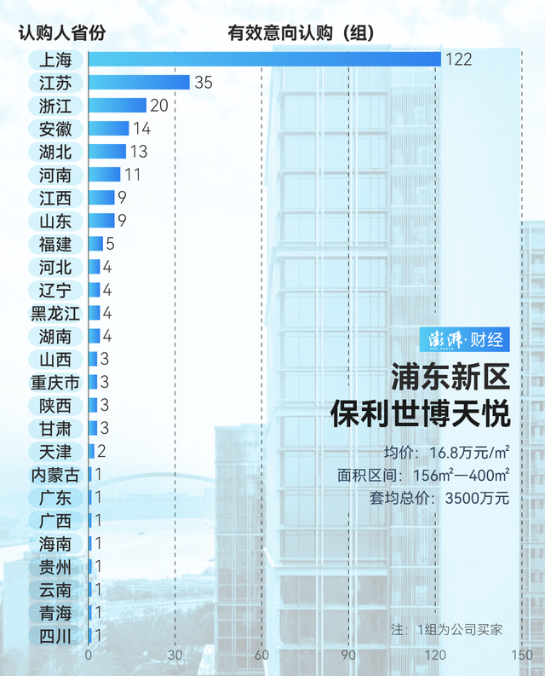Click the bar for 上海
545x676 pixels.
[264, 59]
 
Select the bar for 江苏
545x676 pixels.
[139, 83]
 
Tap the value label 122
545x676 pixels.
[458, 60]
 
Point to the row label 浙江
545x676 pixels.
[55, 106]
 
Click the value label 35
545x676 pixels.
[203, 83]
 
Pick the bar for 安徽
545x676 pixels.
[108, 129]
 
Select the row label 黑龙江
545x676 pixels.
[55, 313]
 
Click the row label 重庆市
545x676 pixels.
[55, 382]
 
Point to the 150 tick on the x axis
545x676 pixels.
[521, 656]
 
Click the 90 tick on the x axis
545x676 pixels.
[348, 656]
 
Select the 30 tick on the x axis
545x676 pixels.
[175, 656]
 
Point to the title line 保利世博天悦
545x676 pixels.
[421, 414]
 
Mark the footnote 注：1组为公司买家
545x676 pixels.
[446, 630]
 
